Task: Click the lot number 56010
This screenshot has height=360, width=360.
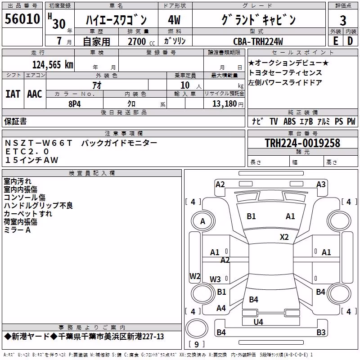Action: (x=22, y=19)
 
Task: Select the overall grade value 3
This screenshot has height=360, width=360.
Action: (x=343, y=20)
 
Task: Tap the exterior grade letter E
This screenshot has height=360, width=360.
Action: (x=335, y=41)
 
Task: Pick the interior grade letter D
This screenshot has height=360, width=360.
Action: (x=350, y=41)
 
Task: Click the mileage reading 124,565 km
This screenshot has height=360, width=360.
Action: (x=53, y=65)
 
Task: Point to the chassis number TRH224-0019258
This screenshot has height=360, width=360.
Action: (x=302, y=143)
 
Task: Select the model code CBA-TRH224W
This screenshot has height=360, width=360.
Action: (x=258, y=41)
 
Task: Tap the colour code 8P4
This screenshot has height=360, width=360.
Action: (x=75, y=104)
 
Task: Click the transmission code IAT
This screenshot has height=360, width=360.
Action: (x=13, y=94)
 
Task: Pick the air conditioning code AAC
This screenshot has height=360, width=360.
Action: (x=35, y=94)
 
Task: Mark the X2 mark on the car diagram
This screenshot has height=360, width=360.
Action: (x=284, y=237)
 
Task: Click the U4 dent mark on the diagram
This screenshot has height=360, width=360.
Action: (x=258, y=322)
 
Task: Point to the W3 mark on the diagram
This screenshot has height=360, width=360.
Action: (x=215, y=279)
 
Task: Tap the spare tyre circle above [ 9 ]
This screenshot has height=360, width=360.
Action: (x=197, y=328)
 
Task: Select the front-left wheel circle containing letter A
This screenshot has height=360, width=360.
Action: (x=203, y=221)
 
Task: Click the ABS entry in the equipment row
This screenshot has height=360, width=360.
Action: (x=289, y=121)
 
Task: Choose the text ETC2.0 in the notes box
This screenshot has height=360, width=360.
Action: (x=27, y=152)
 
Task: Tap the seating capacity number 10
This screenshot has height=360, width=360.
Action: (x=185, y=85)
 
